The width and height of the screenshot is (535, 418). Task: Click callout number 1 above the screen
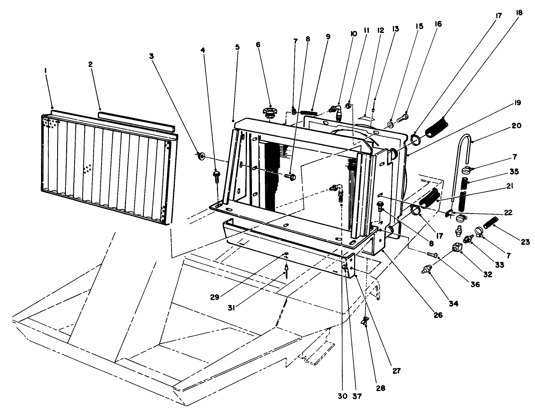click(x=46, y=71)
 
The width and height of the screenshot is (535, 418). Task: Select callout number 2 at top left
click(x=90, y=64)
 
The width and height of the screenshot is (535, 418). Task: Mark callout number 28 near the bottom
click(x=381, y=389)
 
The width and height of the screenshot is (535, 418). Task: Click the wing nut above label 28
click(x=366, y=321)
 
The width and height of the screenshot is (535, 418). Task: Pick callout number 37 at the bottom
click(x=357, y=396)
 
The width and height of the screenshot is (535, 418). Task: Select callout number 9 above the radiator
click(x=328, y=37)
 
